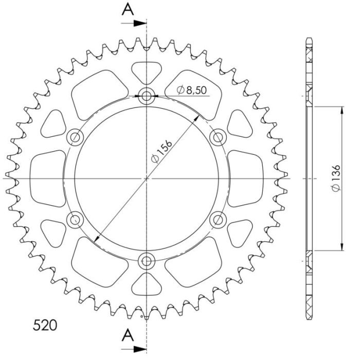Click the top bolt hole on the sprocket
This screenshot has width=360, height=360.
pos(147,95)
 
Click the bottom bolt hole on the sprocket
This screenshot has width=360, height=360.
pos(147,260)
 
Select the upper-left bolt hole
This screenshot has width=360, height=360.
pos(76,137)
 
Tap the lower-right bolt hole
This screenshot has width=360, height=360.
pos(219,220)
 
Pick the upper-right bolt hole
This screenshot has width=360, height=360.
pos(219,137)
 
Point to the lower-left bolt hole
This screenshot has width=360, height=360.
pos(76,220)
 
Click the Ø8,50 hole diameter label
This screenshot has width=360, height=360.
pos(191,90)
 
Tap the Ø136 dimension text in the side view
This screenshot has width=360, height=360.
pos(335,179)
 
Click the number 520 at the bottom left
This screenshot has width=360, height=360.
pos(45,325)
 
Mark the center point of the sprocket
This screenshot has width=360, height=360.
pos(147,178)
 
